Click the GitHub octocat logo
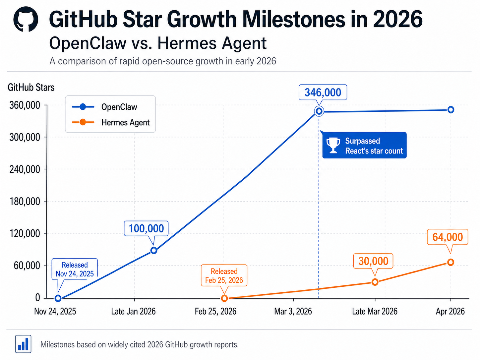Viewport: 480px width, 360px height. click(26, 19)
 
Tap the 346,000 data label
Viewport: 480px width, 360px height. click(323, 92)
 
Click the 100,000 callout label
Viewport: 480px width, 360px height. click(146, 228)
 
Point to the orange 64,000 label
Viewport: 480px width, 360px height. click(447, 237)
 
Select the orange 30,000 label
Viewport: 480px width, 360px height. click(373, 261)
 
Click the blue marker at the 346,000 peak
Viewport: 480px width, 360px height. click(319, 111)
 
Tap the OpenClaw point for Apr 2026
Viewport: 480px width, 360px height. click(450, 110)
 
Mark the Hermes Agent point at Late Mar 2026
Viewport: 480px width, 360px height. click(375, 282)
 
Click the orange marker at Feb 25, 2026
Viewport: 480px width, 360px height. click(224, 298)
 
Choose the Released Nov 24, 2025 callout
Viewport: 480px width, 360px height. click(75, 270)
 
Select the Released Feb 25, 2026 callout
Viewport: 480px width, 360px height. click(224, 276)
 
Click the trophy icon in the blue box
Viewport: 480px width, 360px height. click(333, 146)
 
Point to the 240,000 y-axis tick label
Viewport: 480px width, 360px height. click(25, 169)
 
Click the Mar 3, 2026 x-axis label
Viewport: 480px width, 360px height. click(293, 312)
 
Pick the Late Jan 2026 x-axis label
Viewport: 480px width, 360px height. click(133, 312)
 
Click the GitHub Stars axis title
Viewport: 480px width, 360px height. click(31, 88)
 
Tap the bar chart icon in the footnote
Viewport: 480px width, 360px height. click(23, 344)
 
